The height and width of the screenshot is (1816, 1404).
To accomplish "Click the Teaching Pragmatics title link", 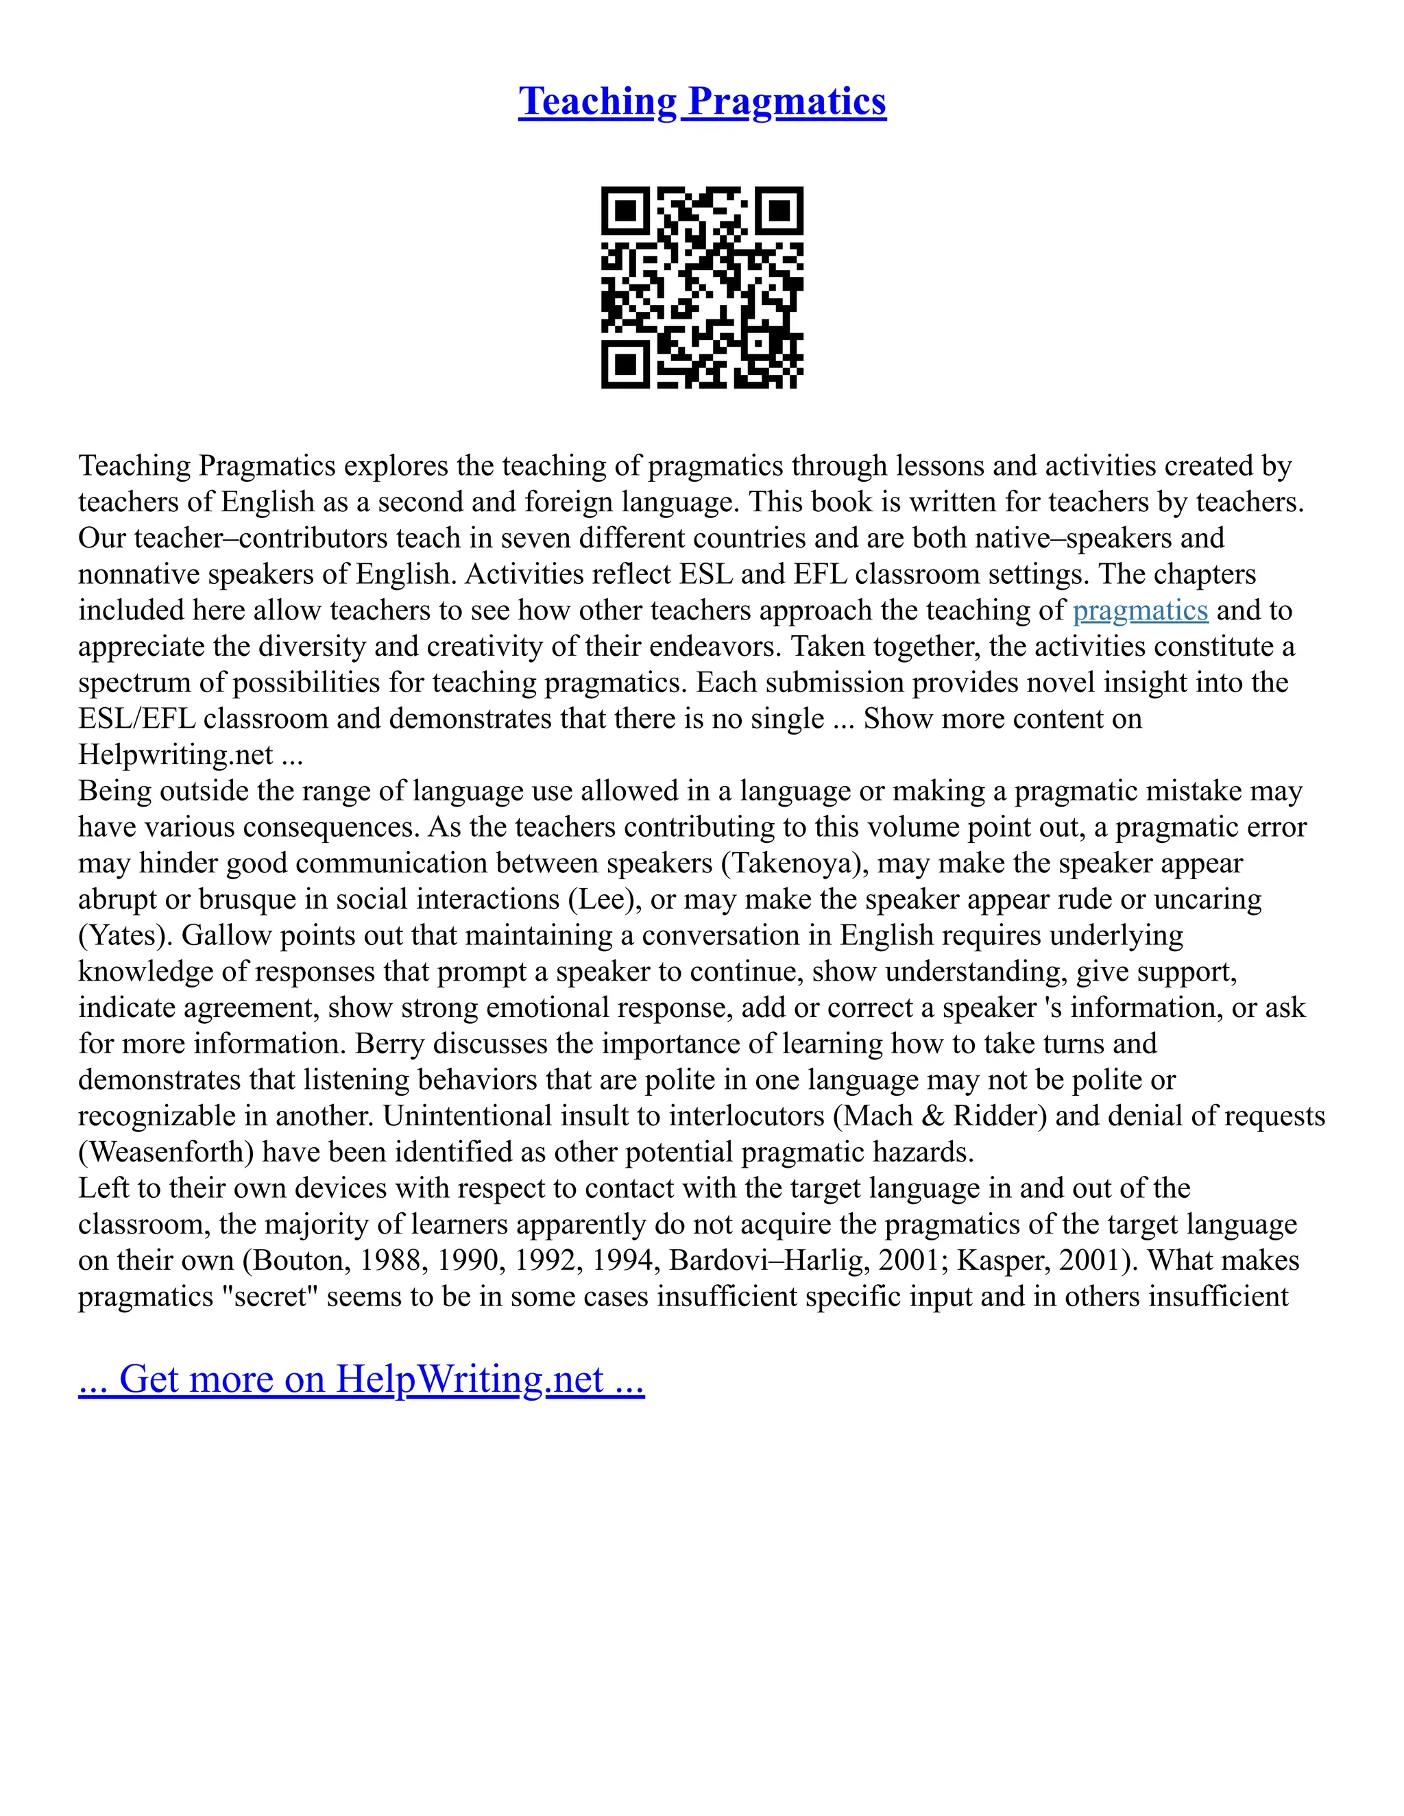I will [702, 101].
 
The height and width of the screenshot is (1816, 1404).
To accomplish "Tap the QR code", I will [702, 287].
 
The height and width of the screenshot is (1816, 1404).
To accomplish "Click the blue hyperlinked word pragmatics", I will [1139, 611].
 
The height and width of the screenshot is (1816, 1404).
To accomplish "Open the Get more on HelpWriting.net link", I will [361, 1379].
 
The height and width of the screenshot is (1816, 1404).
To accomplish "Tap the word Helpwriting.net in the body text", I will [175, 755].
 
